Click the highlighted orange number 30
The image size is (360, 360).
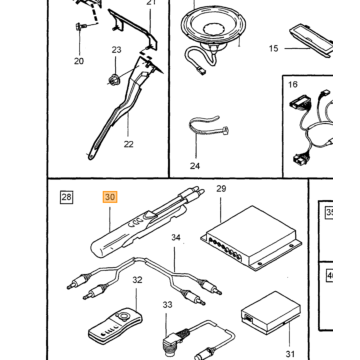(110, 197)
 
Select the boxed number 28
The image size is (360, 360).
(66, 197)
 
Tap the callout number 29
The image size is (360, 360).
(221, 189)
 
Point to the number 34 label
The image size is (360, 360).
(176, 238)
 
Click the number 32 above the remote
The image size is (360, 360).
(137, 280)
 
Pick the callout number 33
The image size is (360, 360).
(167, 305)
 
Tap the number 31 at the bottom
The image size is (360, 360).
(290, 354)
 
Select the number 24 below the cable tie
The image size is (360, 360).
(195, 166)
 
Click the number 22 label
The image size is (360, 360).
(128, 144)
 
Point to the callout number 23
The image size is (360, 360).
(116, 50)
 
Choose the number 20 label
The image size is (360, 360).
(79, 61)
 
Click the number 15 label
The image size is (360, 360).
(273, 49)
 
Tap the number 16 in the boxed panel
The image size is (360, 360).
(293, 84)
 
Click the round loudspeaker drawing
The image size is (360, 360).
(214, 28)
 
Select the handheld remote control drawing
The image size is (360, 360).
(115, 327)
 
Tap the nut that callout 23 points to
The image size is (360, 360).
(115, 80)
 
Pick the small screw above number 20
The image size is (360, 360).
(81, 25)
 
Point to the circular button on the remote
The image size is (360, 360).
(124, 314)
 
